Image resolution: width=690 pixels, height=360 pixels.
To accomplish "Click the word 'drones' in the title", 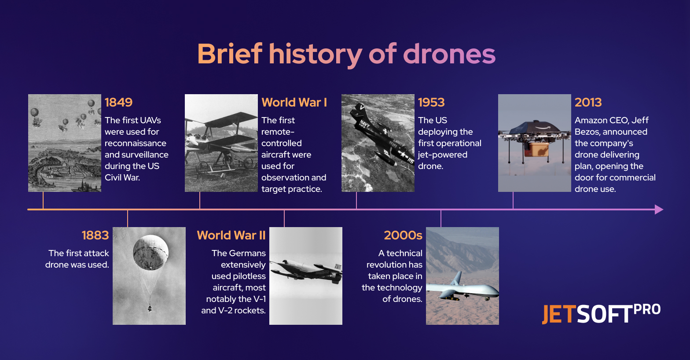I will pos(449,54).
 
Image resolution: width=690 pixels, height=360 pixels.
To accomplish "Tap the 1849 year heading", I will pos(118,102).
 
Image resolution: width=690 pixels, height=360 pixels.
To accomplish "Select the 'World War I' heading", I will pos(294,102).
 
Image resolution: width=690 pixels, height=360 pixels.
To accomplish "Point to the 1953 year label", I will pos(431,102).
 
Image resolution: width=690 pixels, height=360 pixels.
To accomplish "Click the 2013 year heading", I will pos(588,102).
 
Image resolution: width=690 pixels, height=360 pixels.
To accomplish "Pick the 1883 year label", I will pos(95,235).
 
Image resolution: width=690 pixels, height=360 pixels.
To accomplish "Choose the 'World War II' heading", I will pos(231,235).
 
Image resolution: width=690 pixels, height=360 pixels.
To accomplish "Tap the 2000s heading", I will pos(403,235).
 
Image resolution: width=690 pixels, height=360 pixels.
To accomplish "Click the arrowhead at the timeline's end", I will pos(658,209).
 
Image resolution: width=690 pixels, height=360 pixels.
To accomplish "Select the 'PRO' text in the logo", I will pos(647,310).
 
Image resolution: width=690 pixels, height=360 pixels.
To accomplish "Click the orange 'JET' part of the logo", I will pos(558,314).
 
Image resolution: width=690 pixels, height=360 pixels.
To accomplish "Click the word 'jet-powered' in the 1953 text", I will pos(442,154).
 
